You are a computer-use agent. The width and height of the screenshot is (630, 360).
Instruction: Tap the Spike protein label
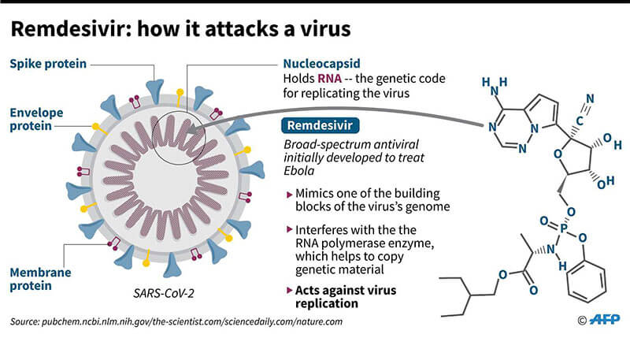tap(48, 64)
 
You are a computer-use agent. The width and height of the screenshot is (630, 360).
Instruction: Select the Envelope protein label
tap(36, 119)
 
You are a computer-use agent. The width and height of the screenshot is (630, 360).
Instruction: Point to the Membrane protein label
tap(40, 279)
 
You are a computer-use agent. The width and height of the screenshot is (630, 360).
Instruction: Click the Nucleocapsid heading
tap(321, 64)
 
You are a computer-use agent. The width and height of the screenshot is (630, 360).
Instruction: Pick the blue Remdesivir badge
tap(321, 125)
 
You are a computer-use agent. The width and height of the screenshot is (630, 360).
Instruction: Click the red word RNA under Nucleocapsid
tap(329, 78)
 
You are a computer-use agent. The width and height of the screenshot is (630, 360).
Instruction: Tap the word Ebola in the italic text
tap(299, 171)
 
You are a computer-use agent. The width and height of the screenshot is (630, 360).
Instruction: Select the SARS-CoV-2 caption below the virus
tap(164, 293)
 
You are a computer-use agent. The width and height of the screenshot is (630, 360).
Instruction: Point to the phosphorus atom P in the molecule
tap(564, 228)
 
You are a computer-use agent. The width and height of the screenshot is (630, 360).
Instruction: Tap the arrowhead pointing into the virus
tap(193, 128)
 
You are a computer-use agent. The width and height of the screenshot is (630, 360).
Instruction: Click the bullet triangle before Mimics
tap(289, 195)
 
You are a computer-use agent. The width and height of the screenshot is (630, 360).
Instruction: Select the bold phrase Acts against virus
tap(346, 291)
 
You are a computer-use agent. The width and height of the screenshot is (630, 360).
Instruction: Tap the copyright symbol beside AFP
tap(582, 321)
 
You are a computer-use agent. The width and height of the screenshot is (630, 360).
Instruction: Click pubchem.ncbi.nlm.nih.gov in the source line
tap(96, 322)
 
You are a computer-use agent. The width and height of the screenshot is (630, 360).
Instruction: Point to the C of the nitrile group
tap(579, 121)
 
